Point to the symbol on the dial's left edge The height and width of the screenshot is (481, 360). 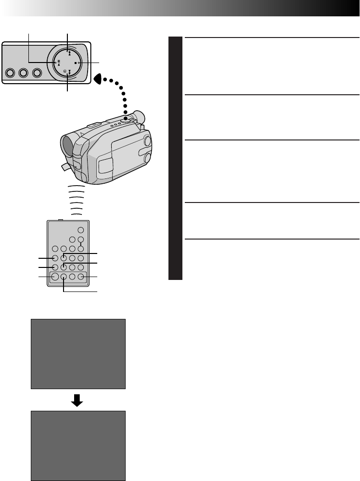[x=58, y=63]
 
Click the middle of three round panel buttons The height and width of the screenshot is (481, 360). [x=23, y=74]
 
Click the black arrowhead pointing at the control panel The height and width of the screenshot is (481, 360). [x=98, y=78]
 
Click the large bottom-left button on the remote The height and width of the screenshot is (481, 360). [x=55, y=277]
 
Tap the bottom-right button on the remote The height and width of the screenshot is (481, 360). [x=81, y=277]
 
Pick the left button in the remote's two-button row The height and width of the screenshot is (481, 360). [x=72, y=240]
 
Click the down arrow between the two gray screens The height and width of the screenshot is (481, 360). [x=78, y=400]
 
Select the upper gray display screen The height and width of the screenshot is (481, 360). [x=78, y=354]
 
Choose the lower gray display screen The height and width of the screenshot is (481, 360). [x=78, y=445]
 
